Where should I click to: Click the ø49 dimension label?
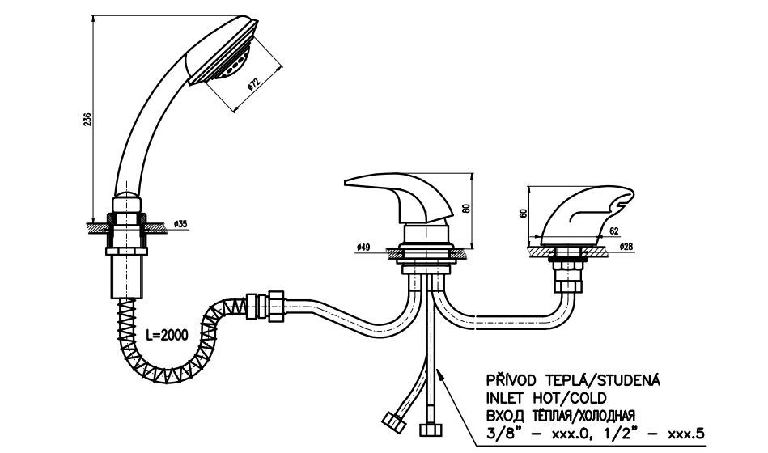363,248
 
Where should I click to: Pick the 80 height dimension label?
465,207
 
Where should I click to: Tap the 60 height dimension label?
523,214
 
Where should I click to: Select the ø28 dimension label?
626,245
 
